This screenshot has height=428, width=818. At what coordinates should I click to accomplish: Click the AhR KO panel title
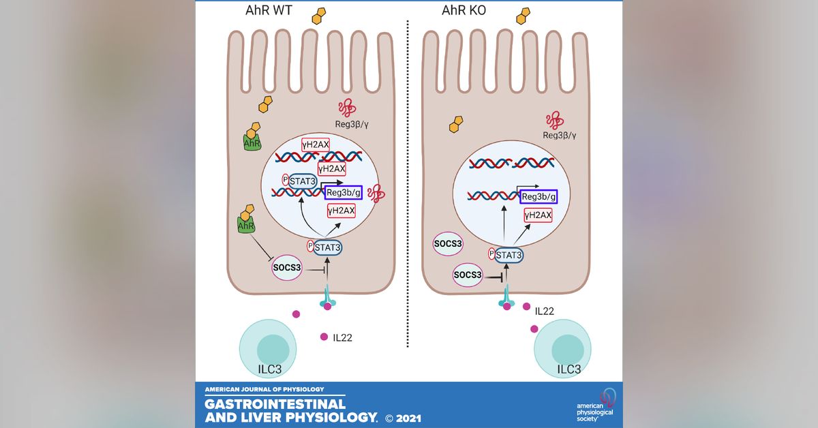(470, 12)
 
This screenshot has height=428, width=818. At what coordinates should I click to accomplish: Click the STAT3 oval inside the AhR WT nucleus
(300, 181)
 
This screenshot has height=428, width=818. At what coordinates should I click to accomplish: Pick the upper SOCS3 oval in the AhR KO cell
(450, 243)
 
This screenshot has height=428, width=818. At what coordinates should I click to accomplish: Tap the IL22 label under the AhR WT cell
(343, 337)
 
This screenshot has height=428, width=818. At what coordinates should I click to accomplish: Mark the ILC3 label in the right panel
(569, 370)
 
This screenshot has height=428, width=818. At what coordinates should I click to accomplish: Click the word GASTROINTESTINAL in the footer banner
(275, 403)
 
